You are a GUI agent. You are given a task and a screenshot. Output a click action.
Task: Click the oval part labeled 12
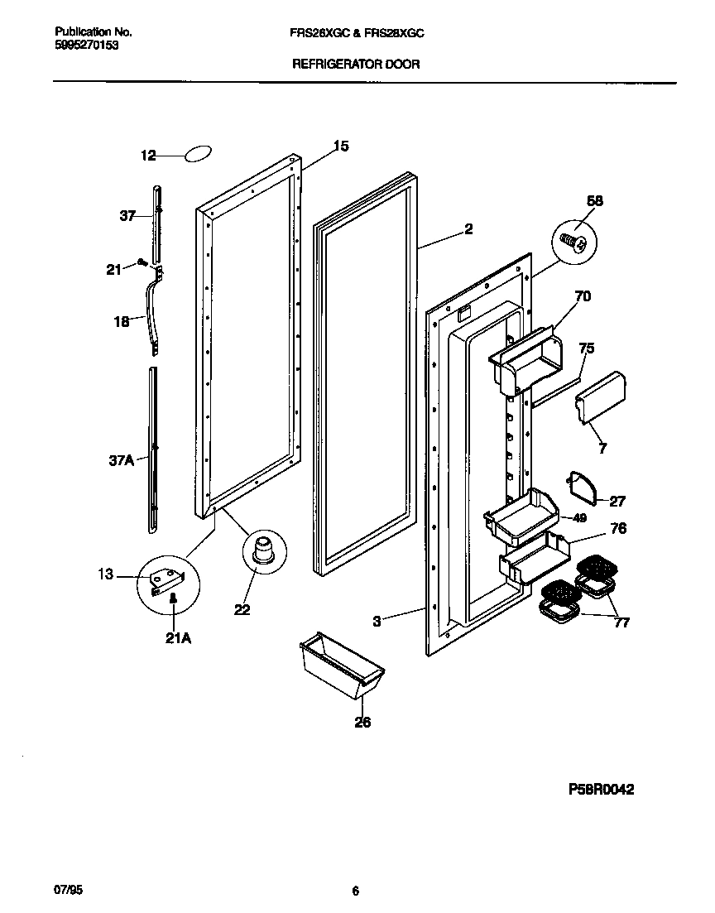coord(199,154)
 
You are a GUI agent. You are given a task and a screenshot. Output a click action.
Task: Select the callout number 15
coord(340,147)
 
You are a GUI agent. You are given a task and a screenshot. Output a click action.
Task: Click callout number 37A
coord(121,459)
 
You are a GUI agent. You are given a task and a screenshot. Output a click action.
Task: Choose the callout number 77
coord(621,622)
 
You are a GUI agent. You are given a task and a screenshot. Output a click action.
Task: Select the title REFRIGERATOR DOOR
coord(357,64)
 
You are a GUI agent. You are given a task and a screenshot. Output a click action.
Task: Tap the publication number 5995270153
coord(87,46)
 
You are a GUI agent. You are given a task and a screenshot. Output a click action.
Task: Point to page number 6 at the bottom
coord(356,891)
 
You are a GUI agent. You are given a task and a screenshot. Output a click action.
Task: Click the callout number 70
coord(582,296)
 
